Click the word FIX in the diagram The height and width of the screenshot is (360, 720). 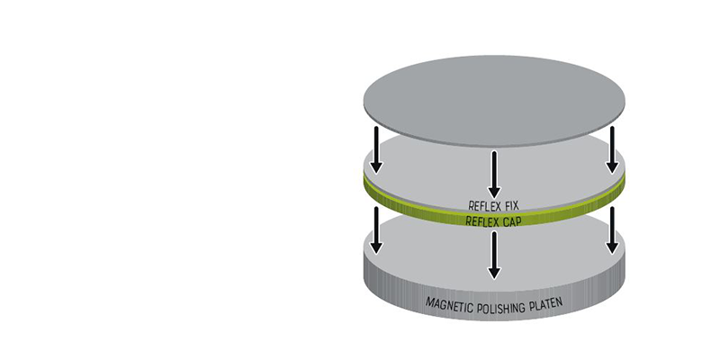511,205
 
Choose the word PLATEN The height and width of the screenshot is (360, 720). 546,304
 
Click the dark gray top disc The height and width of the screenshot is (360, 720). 494,101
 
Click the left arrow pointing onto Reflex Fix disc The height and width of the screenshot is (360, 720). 376,150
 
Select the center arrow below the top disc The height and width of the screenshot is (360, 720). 494,175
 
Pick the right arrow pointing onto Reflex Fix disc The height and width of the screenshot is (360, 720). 612,150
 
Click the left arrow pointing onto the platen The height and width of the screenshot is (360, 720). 376,230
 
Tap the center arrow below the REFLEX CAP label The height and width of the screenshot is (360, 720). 494,255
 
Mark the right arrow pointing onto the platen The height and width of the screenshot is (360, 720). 612,230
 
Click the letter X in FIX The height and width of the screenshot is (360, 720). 515,205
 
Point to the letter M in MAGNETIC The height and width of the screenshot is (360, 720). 429,301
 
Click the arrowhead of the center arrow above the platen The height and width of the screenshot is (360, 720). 494,273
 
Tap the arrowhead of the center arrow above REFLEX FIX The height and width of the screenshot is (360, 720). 494,192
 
